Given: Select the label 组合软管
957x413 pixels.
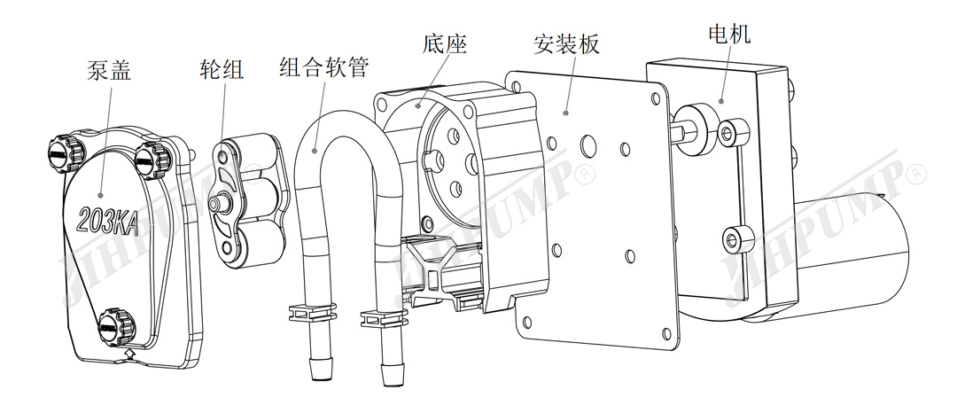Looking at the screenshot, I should point(323,67).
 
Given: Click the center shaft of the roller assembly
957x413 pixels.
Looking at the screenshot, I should point(215,203).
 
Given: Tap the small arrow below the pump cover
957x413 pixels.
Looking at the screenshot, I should point(131,354).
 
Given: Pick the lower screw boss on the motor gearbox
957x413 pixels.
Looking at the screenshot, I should point(735,238).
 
